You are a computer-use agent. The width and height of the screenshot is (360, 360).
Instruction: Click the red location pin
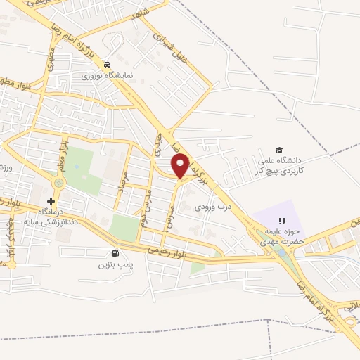(x=181, y=166)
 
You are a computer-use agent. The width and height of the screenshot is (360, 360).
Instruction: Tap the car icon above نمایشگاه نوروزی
(x=106, y=62)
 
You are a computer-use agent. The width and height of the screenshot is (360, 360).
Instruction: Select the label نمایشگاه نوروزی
(x=106, y=74)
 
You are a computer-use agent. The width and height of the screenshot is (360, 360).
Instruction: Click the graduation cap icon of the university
(x=279, y=150)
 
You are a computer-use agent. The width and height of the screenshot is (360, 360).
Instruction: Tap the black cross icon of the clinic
(x=50, y=201)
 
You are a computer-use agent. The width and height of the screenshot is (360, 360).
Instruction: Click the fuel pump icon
(x=114, y=254)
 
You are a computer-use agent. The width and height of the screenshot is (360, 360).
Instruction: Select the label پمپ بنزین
(x=115, y=266)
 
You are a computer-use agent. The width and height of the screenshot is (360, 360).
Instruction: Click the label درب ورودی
(x=212, y=207)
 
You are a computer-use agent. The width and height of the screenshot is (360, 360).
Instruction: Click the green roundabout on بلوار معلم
(x=58, y=184)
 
